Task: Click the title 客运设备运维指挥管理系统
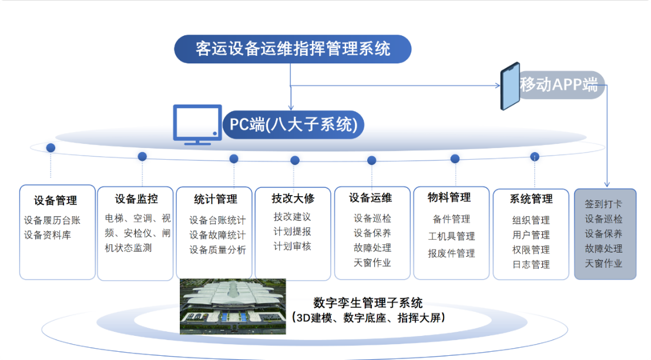pos(293,49)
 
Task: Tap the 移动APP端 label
pos(559,85)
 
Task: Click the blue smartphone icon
pos(510,86)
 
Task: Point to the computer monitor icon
pos(197,125)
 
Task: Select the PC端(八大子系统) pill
pos(294,125)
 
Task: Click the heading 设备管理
pos(55,200)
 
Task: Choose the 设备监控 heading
pos(136,199)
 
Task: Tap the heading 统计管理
pos(216,199)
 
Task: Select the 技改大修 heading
pos(293,198)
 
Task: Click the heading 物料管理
pos(449,197)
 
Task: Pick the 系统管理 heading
pos(531,199)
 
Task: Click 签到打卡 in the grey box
pos(603,204)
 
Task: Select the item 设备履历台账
pos(52,220)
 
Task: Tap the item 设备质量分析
pos(217,250)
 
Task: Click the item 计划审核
pos(292,246)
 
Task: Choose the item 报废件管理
pos(451,253)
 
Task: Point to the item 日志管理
pos(531,264)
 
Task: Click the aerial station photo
pos(233,307)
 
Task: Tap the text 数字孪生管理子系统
pos(368,302)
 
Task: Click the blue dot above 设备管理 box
pos(51,148)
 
